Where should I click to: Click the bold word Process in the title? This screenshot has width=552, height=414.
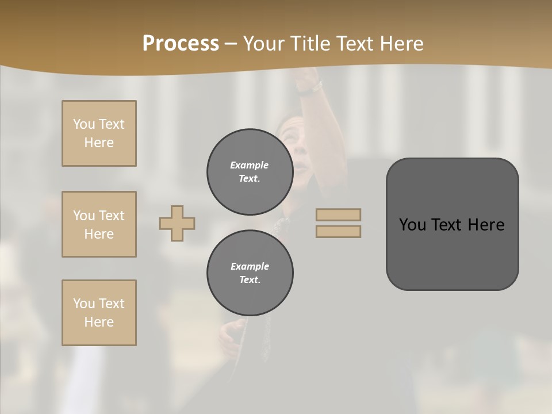coord(181,44)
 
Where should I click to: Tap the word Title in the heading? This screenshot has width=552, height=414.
coord(310,44)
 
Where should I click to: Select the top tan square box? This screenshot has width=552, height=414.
coord(99,133)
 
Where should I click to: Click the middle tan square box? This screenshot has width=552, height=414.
coord(99,224)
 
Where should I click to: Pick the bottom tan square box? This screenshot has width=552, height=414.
coord(99,313)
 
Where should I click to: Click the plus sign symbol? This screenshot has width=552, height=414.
coord(177,223)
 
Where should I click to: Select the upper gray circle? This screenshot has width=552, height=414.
coord(250,172)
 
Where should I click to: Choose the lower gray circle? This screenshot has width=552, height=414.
coord(250,273)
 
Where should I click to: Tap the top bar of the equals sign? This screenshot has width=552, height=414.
coord(338,214)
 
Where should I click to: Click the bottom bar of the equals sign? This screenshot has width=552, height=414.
coord(338,232)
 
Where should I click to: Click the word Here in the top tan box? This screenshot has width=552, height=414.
coord(99,143)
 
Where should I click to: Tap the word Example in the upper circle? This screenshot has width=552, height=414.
coord(250,165)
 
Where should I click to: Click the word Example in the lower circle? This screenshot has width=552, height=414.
coord(250,266)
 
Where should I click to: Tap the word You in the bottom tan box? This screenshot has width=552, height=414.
coord(84,304)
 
